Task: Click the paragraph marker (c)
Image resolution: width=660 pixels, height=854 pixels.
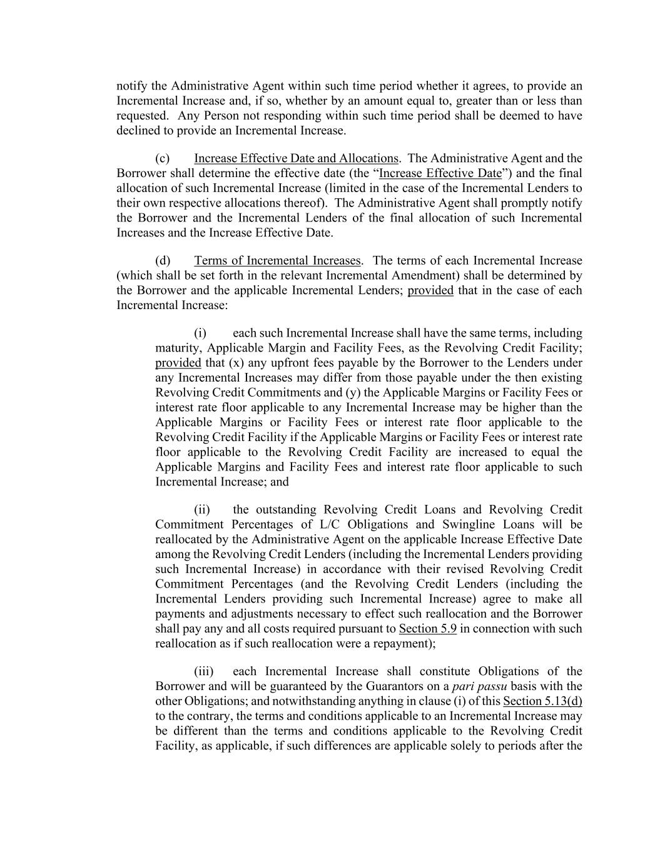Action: pyautogui.click(x=162, y=159)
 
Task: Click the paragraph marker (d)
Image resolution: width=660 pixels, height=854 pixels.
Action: pyautogui.click(x=163, y=261)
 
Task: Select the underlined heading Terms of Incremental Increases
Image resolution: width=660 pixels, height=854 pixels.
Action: pyautogui.click(x=277, y=261)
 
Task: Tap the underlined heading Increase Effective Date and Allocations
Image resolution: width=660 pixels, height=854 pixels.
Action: pyautogui.click(x=296, y=159)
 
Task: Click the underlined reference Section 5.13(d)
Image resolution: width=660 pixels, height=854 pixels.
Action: pyautogui.click(x=542, y=701)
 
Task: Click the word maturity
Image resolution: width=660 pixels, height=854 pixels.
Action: pyautogui.click(x=178, y=348)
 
